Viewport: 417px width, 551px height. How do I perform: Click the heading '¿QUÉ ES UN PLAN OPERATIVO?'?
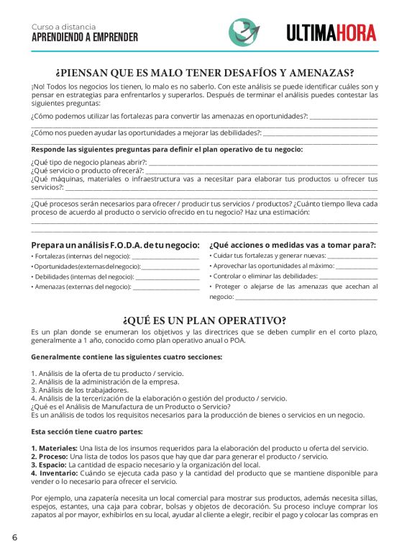point(204,321)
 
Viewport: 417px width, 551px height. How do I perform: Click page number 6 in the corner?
point(14,537)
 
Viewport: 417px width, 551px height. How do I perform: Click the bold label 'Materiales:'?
point(54,448)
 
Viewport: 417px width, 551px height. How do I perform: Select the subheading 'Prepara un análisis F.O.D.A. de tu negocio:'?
point(115,246)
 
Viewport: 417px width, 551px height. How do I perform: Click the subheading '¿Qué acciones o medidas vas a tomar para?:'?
point(293,246)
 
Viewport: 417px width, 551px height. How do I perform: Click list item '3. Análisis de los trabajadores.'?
point(80,390)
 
